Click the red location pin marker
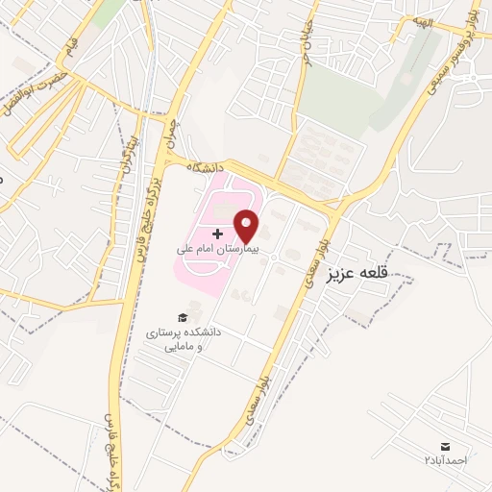[x=248, y=225]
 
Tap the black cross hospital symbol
[x=217, y=234]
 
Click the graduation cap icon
[x=181, y=316]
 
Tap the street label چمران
[x=173, y=131]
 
